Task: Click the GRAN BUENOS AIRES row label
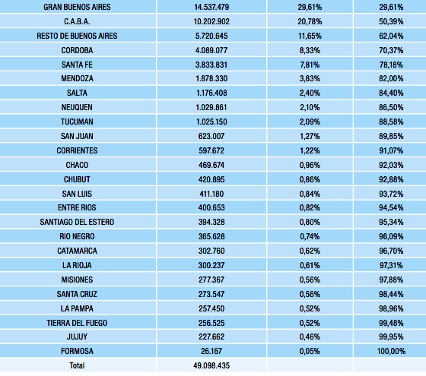77,7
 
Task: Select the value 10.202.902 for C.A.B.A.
211,21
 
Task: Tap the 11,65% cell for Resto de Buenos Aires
310,36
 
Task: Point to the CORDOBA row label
77,50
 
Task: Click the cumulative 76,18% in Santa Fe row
391,65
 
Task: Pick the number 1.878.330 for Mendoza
211,78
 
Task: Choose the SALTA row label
77,93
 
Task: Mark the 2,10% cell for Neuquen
310,107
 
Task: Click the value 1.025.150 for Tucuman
211,122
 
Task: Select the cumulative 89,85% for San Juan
391,136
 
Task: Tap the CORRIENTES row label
77,150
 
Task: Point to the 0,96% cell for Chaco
310,165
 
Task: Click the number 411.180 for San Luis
211,194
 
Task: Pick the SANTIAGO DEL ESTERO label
77,222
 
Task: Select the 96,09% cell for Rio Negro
391,236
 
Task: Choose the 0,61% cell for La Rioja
310,265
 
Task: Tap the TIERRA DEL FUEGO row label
77,323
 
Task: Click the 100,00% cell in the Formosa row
391,351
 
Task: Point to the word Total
77,365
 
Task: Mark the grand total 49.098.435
211,365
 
